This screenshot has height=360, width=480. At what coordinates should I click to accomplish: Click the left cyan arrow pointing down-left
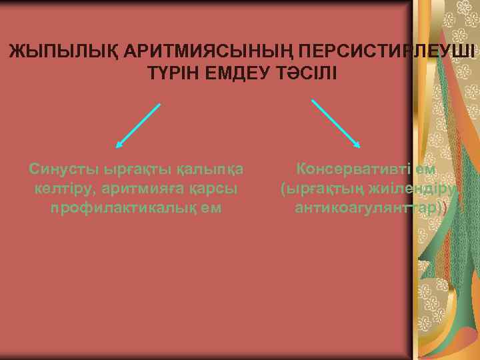(139, 125)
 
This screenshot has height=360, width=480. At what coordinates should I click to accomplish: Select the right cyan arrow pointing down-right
(337, 125)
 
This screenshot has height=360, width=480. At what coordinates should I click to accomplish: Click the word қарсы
(214, 189)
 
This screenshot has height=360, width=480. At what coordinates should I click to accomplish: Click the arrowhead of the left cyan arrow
(119, 144)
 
